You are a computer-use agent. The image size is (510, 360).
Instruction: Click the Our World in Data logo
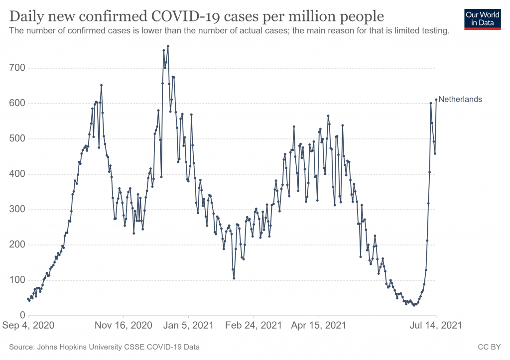coord(482,19)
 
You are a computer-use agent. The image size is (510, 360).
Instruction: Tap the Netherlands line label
coord(460,99)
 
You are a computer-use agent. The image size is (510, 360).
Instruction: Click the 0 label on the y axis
coord(22,316)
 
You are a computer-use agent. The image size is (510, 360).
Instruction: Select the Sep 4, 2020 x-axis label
coord(28,326)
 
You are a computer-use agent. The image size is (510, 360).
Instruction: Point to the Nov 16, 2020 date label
coord(124,326)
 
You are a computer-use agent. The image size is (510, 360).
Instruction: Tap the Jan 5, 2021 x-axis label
coord(189,326)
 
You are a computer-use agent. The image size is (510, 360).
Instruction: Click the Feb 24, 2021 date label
coord(254,326)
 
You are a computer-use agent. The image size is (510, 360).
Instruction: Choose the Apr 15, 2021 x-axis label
coord(319,326)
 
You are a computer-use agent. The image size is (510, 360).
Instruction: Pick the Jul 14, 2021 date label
coord(436,326)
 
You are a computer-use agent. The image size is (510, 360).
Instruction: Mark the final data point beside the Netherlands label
coord(436,99)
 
